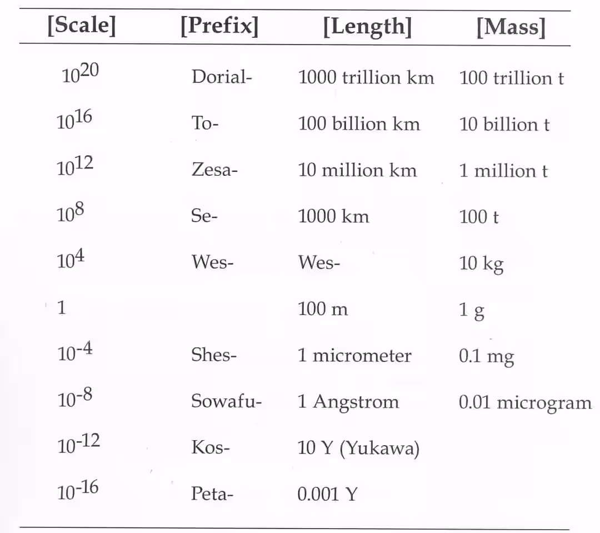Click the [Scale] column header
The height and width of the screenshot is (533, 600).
coord(81,26)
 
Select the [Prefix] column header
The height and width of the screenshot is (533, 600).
coord(219,26)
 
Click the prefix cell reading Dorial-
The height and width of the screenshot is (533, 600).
coord(222,77)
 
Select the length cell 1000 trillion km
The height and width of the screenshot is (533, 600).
coord(366,77)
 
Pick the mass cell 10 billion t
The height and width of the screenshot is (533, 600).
coord(504,124)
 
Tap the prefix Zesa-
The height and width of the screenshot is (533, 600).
coord(214,170)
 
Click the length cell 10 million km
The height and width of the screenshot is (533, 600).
coord(357,170)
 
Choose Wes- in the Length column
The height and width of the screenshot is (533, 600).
coord(319,262)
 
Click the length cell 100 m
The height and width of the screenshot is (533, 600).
coord(323,309)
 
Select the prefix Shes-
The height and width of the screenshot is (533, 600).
coord(214,355)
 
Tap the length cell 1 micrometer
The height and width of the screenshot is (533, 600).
coord(354,356)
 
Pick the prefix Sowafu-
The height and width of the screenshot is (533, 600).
coord(226,401)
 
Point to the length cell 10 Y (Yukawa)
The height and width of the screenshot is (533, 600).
coord(358,448)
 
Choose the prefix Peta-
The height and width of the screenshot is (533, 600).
coord(212,493)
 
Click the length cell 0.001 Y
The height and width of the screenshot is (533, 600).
coord(327,494)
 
